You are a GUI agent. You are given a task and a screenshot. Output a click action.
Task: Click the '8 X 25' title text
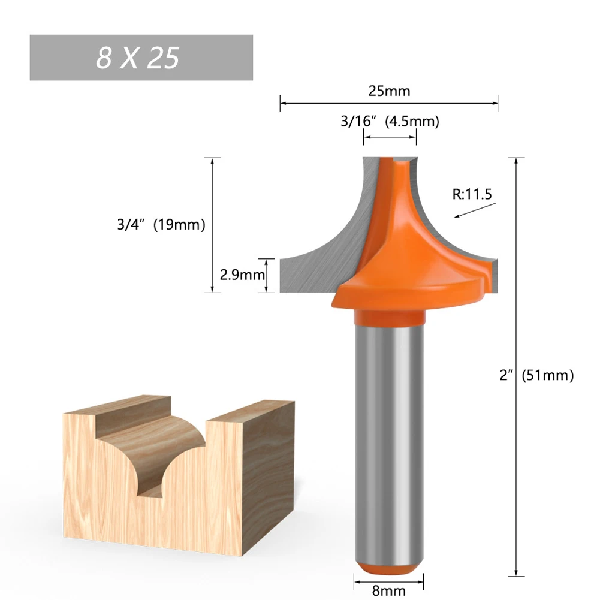pyautogui.click(x=138, y=58)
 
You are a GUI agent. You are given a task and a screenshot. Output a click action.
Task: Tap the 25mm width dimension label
pyautogui.click(x=389, y=91)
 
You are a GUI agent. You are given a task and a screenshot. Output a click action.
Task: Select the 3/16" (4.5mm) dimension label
pyautogui.click(x=390, y=122)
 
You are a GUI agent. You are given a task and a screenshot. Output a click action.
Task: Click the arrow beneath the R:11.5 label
pyautogui.click(x=475, y=210)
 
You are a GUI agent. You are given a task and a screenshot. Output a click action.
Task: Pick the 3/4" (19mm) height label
pyautogui.click(x=161, y=225)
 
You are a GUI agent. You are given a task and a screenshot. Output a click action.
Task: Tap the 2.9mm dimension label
pyautogui.click(x=242, y=275)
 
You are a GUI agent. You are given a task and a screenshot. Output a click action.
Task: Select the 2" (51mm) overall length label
pyautogui.click(x=536, y=376)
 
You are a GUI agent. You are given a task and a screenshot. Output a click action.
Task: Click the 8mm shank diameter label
pyautogui.click(x=389, y=590)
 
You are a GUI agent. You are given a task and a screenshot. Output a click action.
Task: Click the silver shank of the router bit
pyautogui.click(x=390, y=438)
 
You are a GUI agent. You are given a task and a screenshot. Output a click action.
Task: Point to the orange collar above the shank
pyautogui.click(x=390, y=316)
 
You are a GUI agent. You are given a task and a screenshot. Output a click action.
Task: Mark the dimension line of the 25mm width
pyautogui.click(x=336, y=104)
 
